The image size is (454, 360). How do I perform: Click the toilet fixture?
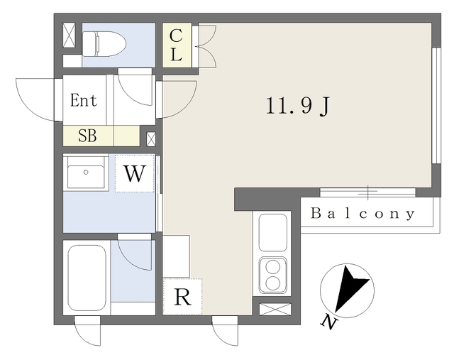click(x=104, y=44)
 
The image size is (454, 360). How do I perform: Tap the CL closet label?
click(x=176, y=45)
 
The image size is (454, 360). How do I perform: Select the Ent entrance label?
click(x=84, y=101)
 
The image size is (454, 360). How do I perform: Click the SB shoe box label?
click(x=87, y=136)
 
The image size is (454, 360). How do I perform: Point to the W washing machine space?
click(x=134, y=173)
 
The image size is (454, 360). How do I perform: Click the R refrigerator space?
click(x=182, y=297)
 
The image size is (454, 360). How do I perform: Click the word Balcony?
click(x=362, y=213)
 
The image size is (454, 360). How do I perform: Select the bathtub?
click(x=87, y=278)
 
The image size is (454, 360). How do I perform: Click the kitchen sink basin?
click(x=272, y=232)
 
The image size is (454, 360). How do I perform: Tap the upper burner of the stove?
click(x=272, y=267)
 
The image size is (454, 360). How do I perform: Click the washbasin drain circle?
click(x=86, y=172)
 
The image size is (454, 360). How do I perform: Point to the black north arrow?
click(x=350, y=288)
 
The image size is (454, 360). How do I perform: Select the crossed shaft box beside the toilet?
click(x=70, y=35)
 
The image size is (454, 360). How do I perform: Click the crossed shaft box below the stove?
click(x=275, y=310)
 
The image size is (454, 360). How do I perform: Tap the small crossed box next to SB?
click(x=151, y=139)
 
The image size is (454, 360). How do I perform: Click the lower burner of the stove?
click(x=272, y=283)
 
